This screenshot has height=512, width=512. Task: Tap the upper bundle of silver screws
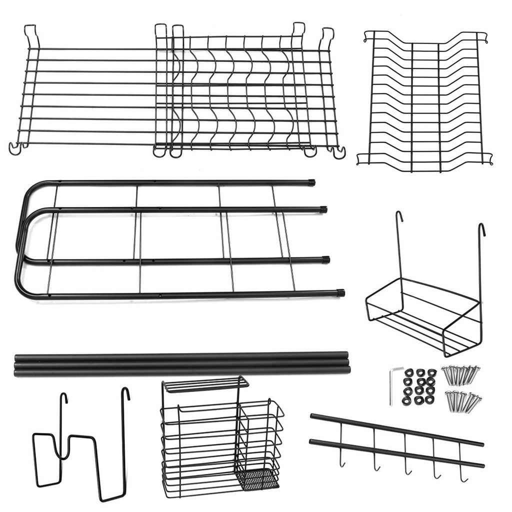(x=460, y=374)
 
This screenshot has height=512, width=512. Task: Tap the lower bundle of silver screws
(x=462, y=400)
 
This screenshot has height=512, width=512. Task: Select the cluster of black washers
(x=419, y=386)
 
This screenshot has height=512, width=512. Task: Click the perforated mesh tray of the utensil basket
(x=258, y=479)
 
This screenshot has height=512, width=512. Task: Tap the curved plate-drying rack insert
(x=425, y=100)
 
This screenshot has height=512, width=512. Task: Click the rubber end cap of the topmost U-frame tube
(x=311, y=182)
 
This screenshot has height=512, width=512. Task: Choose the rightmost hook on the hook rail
(x=463, y=477)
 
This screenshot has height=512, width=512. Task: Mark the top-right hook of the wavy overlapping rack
(x=327, y=35)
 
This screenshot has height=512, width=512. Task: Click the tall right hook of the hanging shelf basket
(x=481, y=235)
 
